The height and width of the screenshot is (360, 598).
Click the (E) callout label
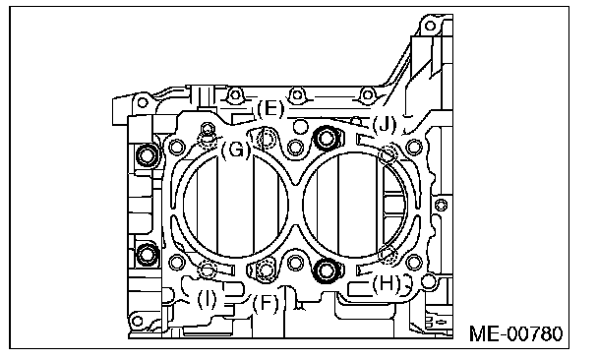[x=270, y=108]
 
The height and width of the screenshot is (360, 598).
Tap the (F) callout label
[x=266, y=304]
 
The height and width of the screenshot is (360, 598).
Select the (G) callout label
[x=236, y=150]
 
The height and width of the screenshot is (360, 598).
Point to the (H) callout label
[x=387, y=283]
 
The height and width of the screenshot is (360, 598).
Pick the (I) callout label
[x=207, y=299]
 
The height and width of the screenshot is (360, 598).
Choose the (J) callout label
[x=385, y=124]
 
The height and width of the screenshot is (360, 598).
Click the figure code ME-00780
[x=516, y=333]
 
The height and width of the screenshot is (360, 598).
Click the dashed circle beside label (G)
[x=208, y=140]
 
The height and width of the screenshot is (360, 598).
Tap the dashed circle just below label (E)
[x=267, y=138]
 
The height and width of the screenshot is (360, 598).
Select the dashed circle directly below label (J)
[x=389, y=154]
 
